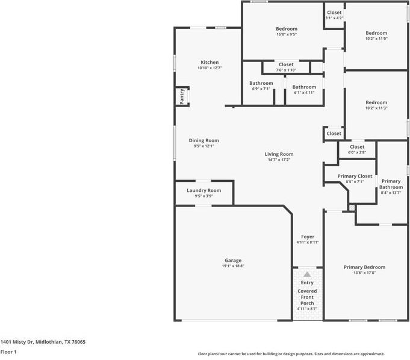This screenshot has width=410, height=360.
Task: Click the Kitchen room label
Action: (x=210, y=62)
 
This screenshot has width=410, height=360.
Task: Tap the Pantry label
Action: (x=182, y=96)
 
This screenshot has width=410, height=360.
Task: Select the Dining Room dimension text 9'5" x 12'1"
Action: (x=204, y=146)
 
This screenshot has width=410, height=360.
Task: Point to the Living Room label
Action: (x=279, y=154)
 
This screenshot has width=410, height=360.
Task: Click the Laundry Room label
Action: (x=204, y=191)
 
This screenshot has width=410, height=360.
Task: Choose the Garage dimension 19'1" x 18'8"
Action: (x=233, y=266)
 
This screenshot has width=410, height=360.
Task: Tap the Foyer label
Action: (x=308, y=237)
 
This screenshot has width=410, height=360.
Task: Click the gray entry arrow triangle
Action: (x=307, y=275)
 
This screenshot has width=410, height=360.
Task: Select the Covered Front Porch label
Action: (x=307, y=297)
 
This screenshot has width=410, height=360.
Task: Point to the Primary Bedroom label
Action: (x=364, y=267)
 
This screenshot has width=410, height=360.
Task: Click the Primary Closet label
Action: (x=355, y=176)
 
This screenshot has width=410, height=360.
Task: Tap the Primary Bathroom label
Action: (x=391, y=184)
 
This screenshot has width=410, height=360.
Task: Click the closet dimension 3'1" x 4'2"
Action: (x=334, y=18)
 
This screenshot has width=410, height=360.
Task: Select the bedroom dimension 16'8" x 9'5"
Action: (x=287, y=34)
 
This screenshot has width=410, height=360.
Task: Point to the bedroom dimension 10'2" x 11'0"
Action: (x=376, y=39)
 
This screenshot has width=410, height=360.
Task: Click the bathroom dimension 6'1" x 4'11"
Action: (x=305, y=92)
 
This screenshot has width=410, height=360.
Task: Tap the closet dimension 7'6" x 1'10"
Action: (x=286, y=70)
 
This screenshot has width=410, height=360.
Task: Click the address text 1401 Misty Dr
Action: (x=17, y=342)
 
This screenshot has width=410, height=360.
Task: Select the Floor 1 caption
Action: (x=8, y=352)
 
